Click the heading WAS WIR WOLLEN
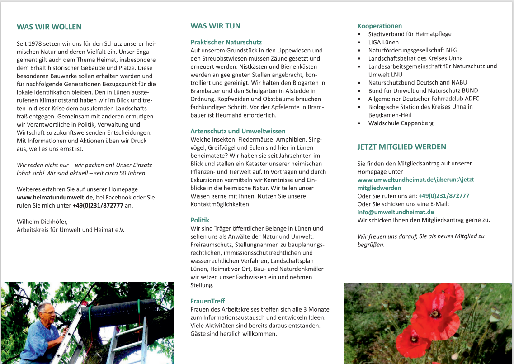[49, 27]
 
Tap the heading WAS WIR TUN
[215, 26]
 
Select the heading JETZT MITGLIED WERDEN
[401, 147]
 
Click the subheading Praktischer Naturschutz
[226, 42]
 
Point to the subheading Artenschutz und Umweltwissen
[237, 131]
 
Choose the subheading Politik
[200, 220]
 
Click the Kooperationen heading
[379, 26]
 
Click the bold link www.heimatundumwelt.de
[55, 197]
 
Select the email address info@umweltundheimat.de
[396, 212]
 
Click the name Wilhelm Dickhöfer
[42, 222]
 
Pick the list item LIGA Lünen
[383, 42]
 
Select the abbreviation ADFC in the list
[472, 99]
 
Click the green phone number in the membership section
[443, 196]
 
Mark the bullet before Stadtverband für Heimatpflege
[359, 34]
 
